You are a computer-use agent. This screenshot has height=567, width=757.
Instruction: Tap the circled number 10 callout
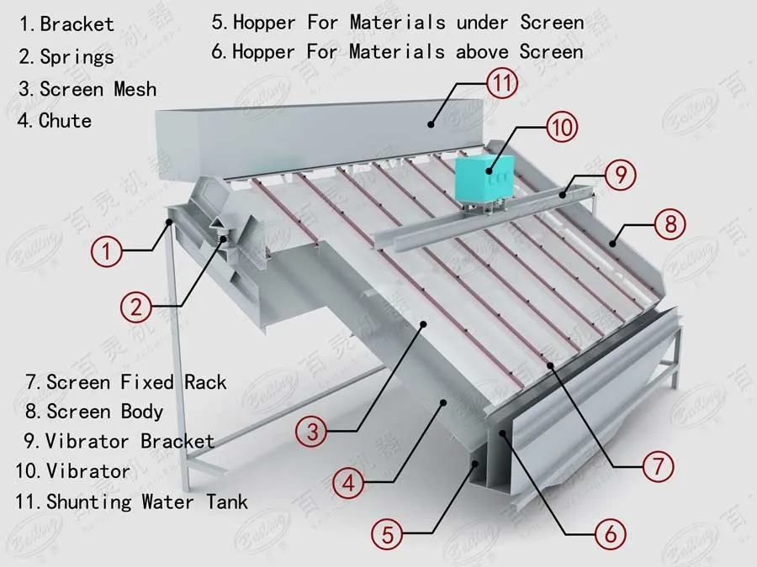pos(562,128)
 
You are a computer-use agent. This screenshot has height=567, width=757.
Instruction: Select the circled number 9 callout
pos(620,176)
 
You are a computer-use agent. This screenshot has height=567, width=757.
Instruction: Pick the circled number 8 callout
pos(670,224)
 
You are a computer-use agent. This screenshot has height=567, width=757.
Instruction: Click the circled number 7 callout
pos(659,465)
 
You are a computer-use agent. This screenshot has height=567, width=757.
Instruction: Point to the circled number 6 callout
pos(610,532)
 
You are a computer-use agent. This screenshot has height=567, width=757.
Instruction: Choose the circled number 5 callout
pos(388,533)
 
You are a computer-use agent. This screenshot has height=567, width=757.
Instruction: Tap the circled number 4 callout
pos(348,482)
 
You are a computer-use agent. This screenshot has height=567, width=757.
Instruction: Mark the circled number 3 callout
pos(312,432)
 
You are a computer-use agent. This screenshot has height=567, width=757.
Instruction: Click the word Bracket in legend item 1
pos(77,24)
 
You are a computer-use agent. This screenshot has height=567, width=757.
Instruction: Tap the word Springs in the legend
pos(77,57)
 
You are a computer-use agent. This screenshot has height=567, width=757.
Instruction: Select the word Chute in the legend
pos(65,121)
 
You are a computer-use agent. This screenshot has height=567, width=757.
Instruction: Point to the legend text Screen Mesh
pos(98,89)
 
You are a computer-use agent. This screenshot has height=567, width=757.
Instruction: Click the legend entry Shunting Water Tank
pos(147,502)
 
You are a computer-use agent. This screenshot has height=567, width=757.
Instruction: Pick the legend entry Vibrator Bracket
pos(130,441)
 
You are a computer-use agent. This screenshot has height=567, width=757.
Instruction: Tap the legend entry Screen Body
pos(105,412)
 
